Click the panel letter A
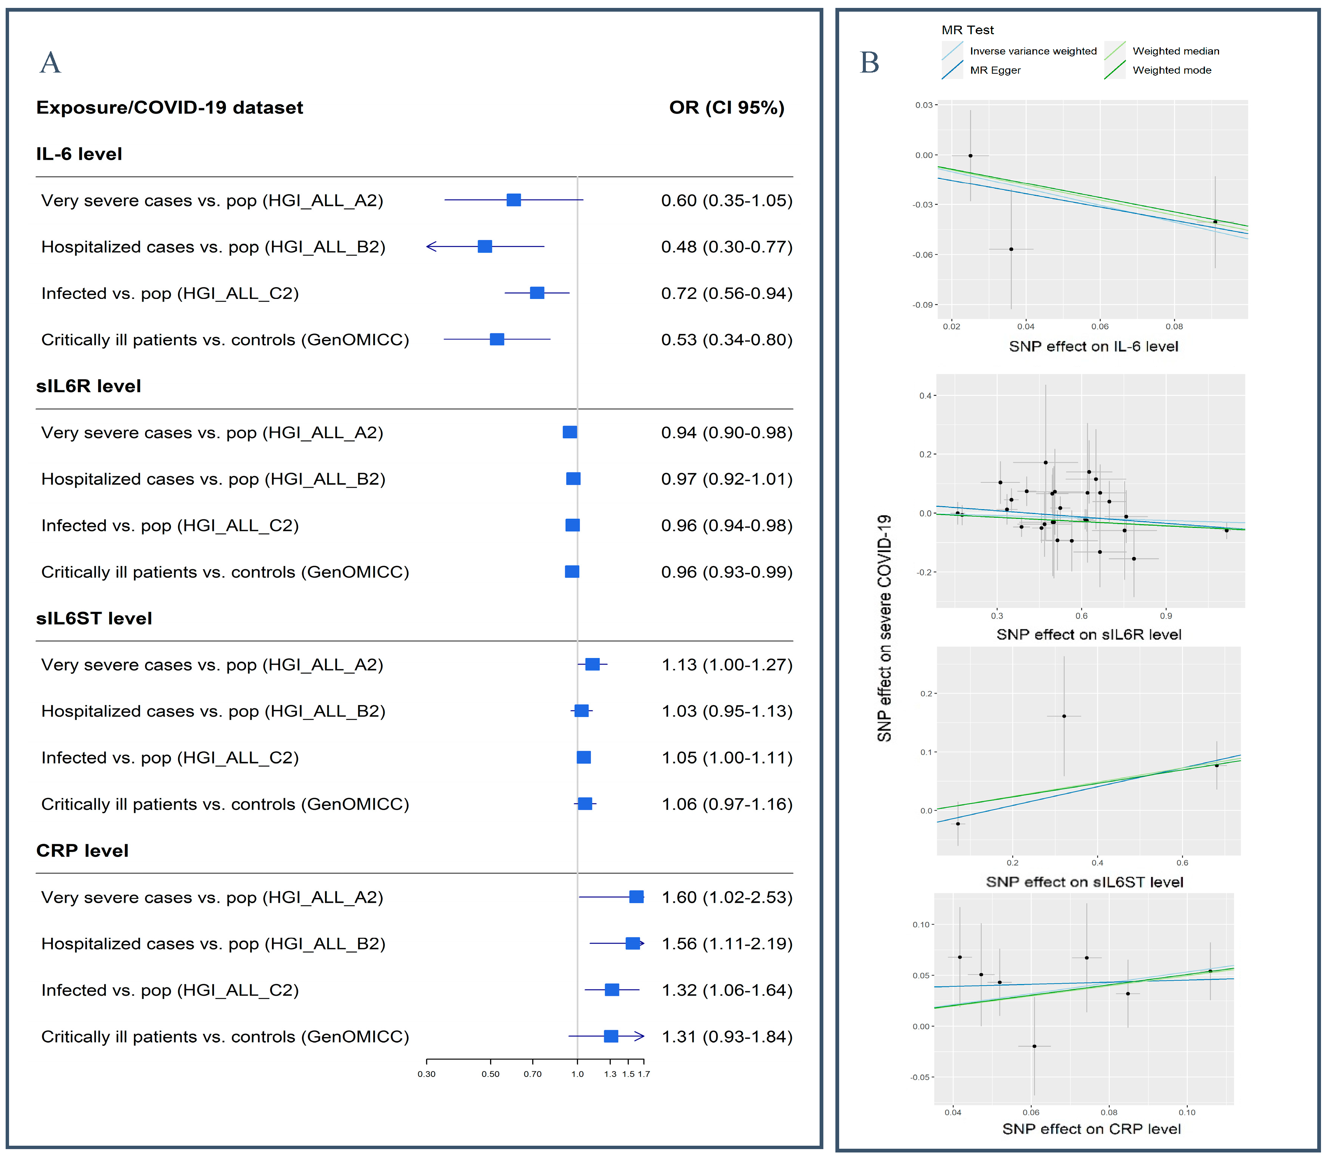[50, 63]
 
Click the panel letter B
[869, 63]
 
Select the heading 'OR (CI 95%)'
[727, 108]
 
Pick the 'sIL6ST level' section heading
[94, 618]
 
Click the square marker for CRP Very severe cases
[636, 896]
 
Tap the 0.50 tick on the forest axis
[490, 1074]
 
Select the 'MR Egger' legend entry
[995, 70]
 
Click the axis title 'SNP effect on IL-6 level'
[1093, 346]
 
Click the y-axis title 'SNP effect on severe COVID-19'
[885, 628]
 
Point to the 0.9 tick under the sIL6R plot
[1166, 616]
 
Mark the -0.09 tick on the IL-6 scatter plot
[923, 305]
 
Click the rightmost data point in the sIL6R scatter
[1226, 530]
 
